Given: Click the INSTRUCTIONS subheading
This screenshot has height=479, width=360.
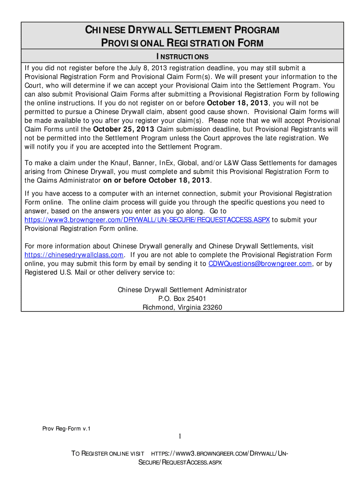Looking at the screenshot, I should pos(182,57).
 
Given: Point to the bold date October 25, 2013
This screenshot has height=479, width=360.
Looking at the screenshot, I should pos(124,129).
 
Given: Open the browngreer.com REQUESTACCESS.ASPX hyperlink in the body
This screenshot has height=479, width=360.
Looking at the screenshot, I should pos(147,220).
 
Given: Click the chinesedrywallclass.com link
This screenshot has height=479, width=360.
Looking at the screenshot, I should pos(74,255).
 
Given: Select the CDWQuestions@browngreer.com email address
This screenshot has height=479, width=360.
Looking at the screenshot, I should pos(260,264).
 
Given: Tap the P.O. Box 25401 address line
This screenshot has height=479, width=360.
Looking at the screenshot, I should pos(182,298).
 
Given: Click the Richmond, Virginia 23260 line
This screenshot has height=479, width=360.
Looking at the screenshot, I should pos(182,307).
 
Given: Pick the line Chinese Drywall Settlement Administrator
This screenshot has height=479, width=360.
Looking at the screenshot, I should pos(182,290).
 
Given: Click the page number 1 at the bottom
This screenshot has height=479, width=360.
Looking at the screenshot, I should pos(180,437).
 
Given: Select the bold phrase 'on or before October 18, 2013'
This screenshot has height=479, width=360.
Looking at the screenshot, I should pos(157,181).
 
